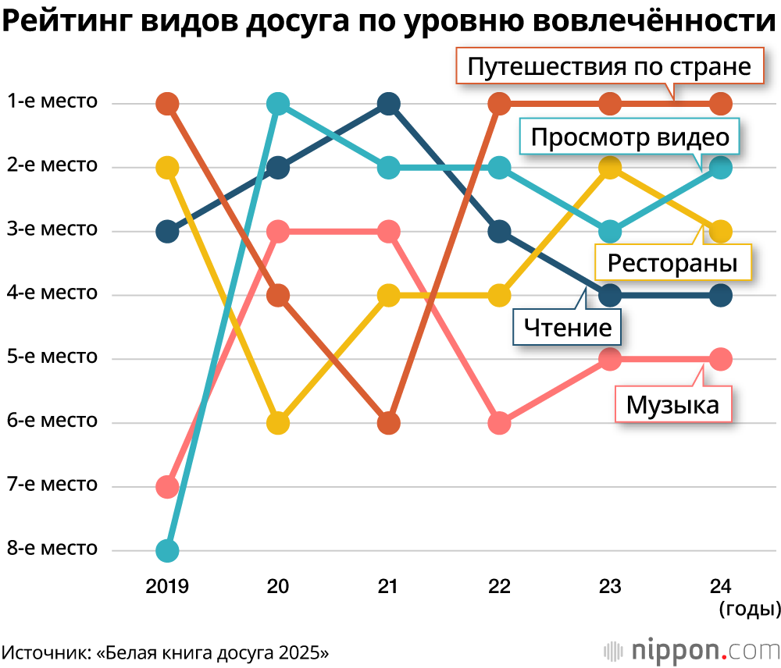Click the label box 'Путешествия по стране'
click(608, 67)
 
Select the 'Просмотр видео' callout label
click(629, 138)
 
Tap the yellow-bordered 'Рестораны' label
click(672, 262)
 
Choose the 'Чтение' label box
click(567, 327)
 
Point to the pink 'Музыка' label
click(672, 405)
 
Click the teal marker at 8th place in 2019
click(167, 550)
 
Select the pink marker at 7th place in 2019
click(167, 487)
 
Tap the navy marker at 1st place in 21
click(389, 104)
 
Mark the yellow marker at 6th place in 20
click(278, 423)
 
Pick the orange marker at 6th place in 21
click(389, 423)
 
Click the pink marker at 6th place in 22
click(500, 423)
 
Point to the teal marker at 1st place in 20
click(278, 104)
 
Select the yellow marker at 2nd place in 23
click(611, 167)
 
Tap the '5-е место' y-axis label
click(52, 357)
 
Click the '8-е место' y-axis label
click(52, 549)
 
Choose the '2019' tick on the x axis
click(167, 586)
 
